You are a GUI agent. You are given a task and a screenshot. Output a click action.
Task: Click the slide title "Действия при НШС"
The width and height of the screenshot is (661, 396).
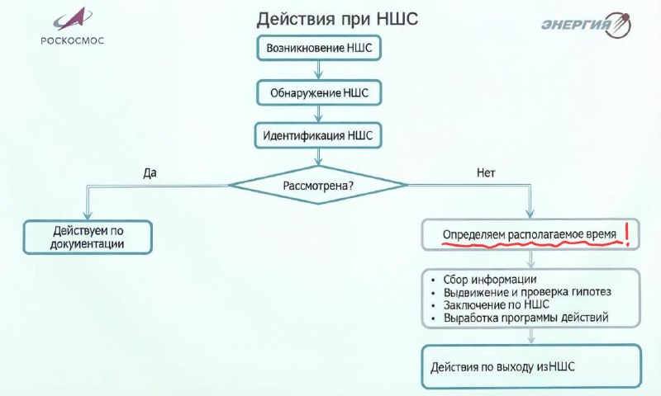337,19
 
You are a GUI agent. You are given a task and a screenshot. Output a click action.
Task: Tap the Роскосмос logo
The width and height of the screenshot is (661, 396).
72,26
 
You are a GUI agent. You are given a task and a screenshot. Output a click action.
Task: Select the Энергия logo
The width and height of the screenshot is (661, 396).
587,25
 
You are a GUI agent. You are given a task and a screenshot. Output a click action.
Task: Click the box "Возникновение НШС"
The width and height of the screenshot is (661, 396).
319,48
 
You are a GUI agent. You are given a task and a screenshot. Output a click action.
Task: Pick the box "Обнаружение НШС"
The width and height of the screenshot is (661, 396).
319,92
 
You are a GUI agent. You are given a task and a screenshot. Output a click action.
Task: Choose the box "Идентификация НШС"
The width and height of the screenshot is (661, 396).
318,135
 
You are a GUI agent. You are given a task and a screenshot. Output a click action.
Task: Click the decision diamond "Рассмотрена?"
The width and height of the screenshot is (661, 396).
318,185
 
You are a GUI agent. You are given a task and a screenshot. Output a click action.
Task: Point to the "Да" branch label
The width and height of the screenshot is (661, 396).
150,173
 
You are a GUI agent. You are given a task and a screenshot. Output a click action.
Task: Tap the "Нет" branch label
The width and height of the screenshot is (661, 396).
486,173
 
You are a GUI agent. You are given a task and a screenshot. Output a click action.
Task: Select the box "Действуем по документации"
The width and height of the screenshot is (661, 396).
88,238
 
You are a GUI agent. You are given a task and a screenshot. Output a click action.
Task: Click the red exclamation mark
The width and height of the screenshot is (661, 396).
627,234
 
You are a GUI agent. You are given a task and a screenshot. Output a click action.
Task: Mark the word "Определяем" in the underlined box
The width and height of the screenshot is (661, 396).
473,235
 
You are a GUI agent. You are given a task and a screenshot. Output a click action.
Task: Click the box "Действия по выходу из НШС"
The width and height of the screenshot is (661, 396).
531,366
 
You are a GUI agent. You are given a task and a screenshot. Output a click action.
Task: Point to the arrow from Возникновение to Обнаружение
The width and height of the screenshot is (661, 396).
319,70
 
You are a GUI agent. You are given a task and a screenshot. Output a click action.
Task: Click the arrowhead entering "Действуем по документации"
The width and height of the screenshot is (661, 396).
88,215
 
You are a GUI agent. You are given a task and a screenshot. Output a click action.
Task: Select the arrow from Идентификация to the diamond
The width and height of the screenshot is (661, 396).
319,157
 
